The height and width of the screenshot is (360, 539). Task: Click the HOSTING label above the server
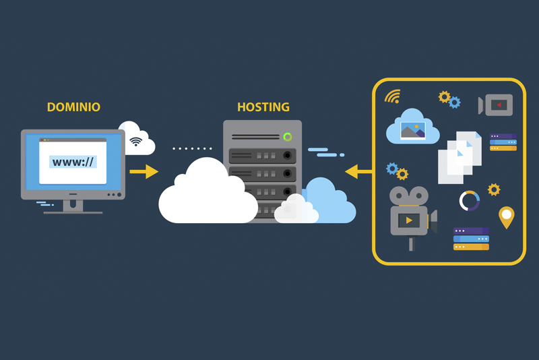point(263,107)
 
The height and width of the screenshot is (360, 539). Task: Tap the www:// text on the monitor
point(73,162)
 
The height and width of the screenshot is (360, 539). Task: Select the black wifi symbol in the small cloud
point(137,142)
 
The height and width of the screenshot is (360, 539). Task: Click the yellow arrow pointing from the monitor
point(144,172)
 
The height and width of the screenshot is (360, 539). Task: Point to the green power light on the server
point(288,137)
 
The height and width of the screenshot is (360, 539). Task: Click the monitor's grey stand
point(73,206)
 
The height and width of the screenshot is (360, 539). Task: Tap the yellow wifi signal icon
point(392,96)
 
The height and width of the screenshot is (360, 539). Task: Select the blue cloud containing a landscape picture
point(412,127)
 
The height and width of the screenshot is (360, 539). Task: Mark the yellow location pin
point(506,217)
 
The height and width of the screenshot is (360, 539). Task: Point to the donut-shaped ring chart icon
point(470,201)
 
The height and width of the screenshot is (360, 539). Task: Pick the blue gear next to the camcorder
point(455,102)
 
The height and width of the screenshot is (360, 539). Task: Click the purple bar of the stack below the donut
point(471,231)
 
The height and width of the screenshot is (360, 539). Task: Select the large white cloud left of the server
point(205,192)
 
